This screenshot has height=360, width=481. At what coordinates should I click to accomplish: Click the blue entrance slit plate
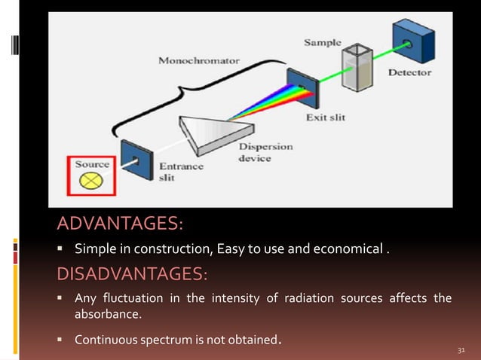pyautogui.click(x=136, y=158)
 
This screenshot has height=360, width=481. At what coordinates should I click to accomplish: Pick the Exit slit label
pyautogui.click(x=326, y=118)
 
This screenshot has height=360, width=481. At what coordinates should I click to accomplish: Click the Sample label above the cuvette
pyautogui.click(x=322, y=43)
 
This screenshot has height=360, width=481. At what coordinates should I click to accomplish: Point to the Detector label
pyautogui.click(x=409, y=73)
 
